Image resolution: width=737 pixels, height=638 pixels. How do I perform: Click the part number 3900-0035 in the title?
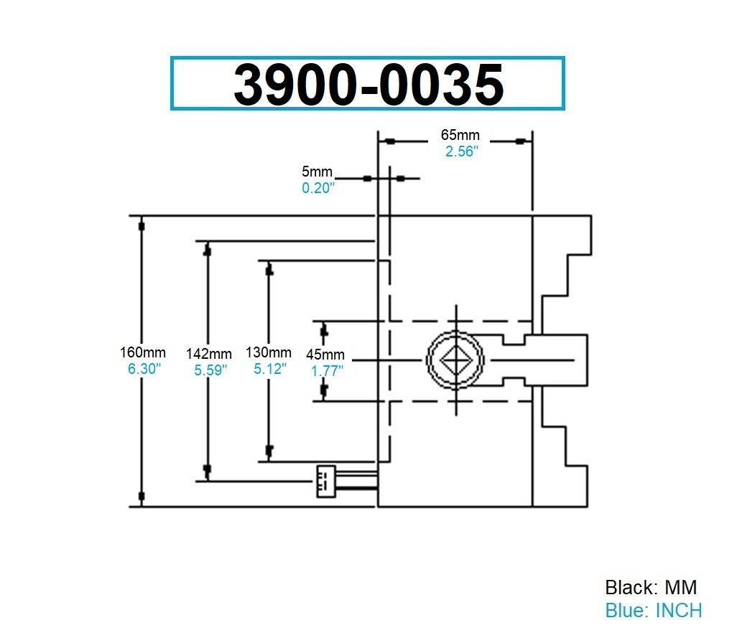368,84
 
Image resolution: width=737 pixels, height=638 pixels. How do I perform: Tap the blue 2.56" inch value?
460,151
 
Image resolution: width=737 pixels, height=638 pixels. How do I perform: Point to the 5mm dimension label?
317,172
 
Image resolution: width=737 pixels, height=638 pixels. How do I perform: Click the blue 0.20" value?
317,188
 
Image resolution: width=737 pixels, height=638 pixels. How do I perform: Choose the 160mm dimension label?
143,352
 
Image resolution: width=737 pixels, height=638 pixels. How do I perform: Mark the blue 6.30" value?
143,368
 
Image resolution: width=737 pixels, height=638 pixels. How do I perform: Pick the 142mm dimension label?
208,354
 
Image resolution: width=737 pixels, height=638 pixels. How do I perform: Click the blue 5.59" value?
209,370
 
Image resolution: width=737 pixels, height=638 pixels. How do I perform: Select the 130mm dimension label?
268,352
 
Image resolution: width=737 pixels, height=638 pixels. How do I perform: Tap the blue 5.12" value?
269,368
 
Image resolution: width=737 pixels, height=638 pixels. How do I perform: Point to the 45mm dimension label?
325,355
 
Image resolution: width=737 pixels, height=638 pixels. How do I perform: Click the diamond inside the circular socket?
455,357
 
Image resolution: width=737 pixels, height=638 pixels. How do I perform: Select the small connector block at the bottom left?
325,481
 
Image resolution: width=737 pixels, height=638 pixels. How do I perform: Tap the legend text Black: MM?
651,587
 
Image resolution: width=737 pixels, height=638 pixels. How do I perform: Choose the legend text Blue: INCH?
653,610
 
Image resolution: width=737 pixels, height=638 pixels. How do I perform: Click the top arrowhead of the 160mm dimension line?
142,226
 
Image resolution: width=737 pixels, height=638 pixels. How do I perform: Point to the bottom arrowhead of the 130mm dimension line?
269,451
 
